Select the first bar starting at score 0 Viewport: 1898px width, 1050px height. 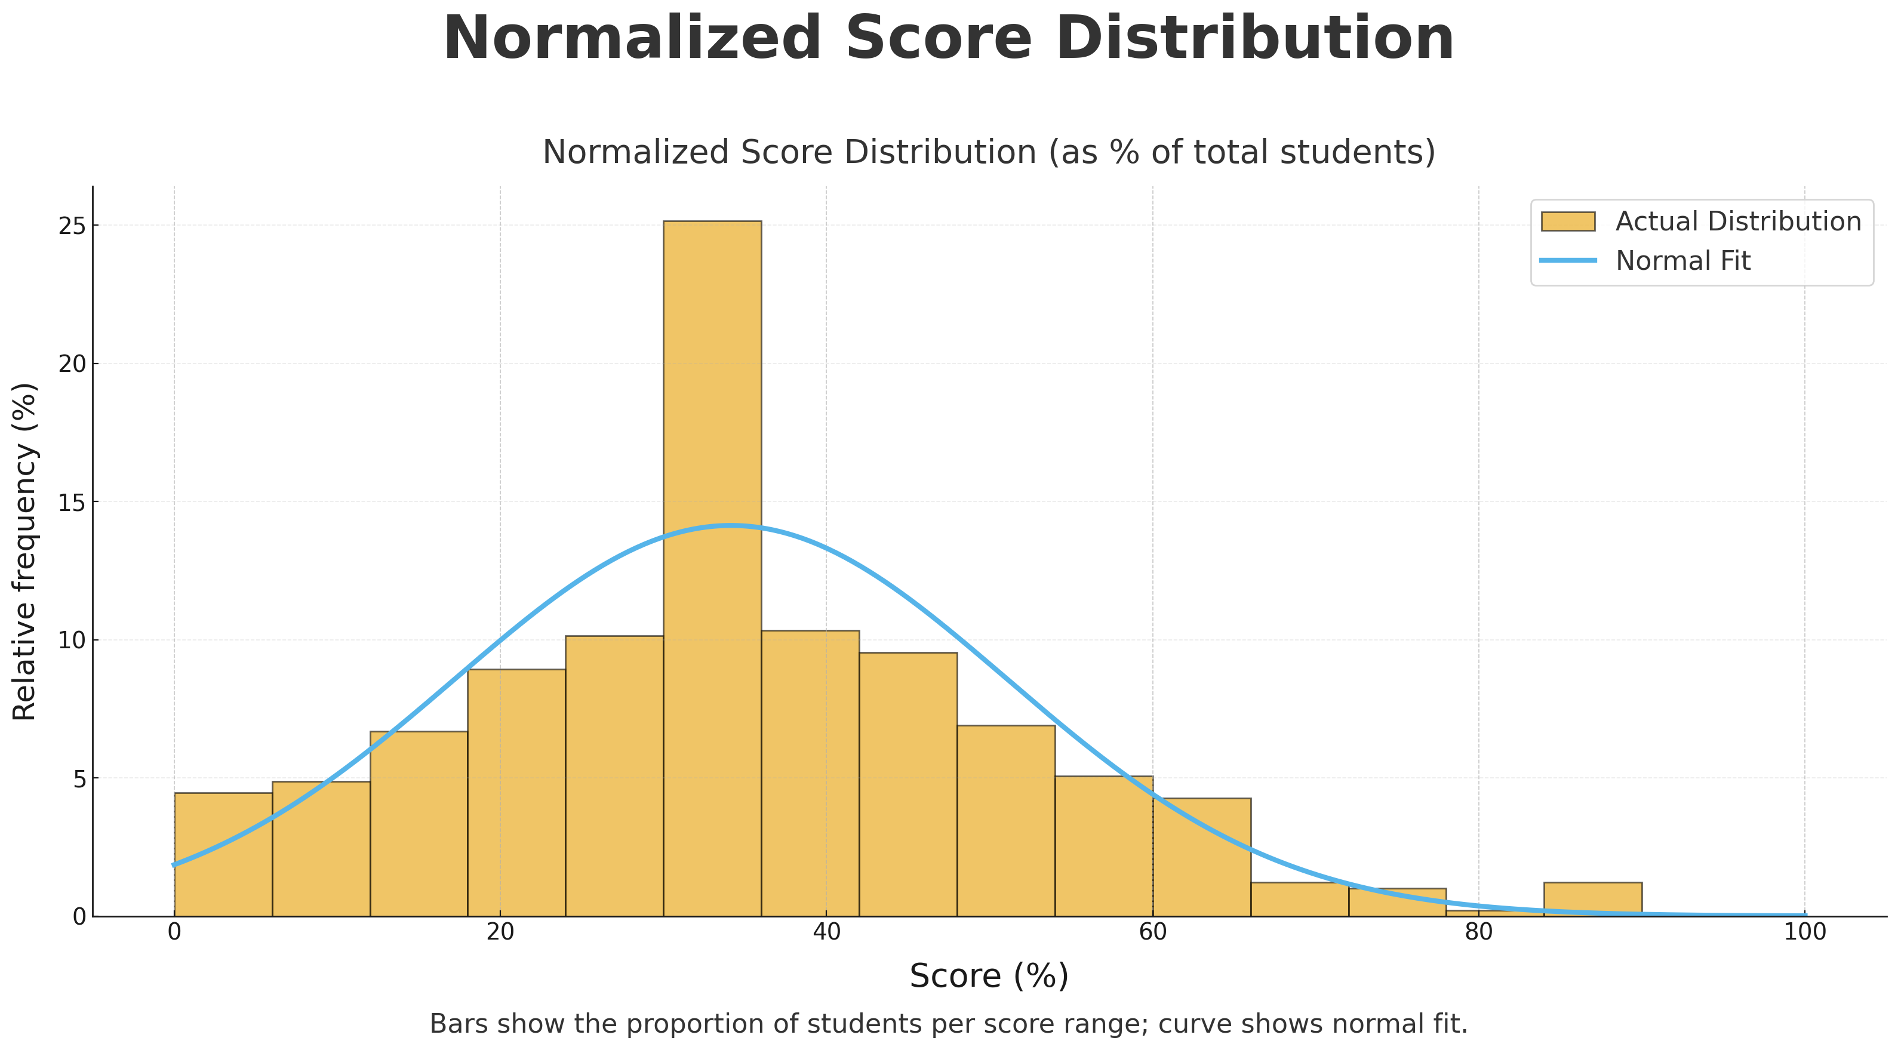coord(223,854)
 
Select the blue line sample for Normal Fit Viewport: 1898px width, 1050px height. coord(1567,261)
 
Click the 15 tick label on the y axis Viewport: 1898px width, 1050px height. coord(72,503)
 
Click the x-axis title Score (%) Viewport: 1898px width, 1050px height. coord(988,977)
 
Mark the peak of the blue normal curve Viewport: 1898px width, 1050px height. coord(730,526)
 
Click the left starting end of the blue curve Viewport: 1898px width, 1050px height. coord(174,865)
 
